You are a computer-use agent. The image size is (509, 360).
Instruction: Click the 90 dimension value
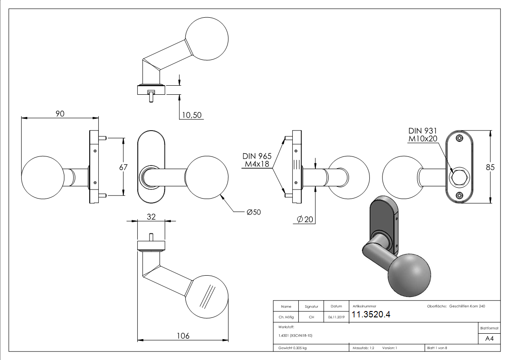pyautogui.click(x=59, y=114)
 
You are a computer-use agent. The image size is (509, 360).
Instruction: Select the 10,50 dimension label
pyautogui.click(x=191, y=115)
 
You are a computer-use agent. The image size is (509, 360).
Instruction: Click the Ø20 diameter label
pyautogui.click(x=305, y=219)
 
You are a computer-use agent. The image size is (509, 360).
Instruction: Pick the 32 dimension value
pyautogui.click(x=151, y=217)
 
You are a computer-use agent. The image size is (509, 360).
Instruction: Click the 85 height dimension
pyautogui.click(x=490, y=167)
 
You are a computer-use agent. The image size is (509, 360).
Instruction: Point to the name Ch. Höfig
pyautogui.click(x=286, y=317)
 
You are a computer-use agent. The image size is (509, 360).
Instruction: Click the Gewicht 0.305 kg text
pyautogui.click(x=292, y=348)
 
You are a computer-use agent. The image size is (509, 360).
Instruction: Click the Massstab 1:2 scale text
pyautogui.click(x=363, y=348)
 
